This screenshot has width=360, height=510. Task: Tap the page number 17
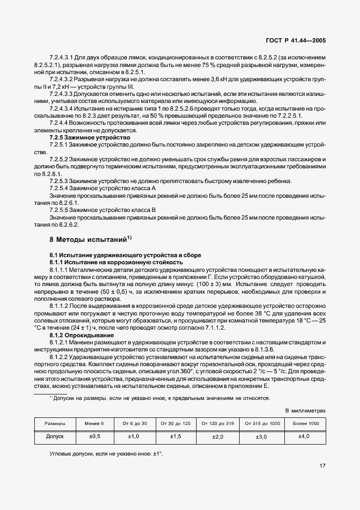coord(322,466)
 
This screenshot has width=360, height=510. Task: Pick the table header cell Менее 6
coord(94,423)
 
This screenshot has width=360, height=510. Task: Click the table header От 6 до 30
coord(135,423)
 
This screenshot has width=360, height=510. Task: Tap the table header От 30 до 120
coord(175,423)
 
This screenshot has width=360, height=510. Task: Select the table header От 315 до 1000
coord(263,423)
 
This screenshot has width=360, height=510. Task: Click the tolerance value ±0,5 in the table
coord(94,437)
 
